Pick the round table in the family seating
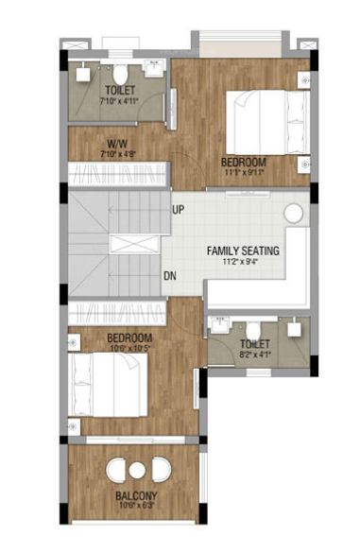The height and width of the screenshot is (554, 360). tap(295, 214)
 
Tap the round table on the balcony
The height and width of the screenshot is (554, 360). tap(137, 471)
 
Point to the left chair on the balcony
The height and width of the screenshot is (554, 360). tap(115, 470)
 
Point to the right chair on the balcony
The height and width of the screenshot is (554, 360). tap(161, 470)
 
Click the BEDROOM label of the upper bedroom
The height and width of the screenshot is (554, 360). tap(244, 162)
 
